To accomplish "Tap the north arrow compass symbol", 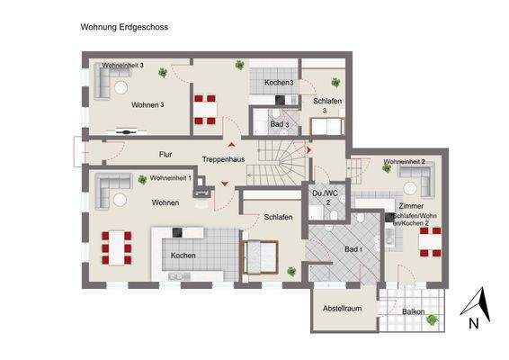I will (x=479, y=309).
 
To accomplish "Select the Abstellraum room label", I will (x=342, y=309).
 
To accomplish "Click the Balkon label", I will (x=414, y=312).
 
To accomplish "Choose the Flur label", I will (x=165, y=154).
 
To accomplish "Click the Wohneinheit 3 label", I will (x=122, y=66).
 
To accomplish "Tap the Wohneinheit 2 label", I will (x=404, y=163).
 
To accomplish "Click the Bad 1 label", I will (x=353, y=248).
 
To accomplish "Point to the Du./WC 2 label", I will (x=322, y=198).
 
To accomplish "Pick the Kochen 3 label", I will (x=279, y=83).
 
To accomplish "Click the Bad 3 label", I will (x=280, y=123).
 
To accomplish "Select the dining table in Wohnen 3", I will (x=205, y=107).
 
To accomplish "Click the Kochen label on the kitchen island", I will (x=183, y=256).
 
